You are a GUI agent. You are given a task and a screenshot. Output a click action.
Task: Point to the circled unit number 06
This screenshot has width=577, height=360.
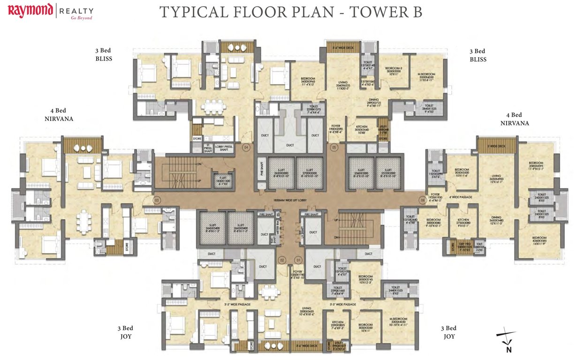point(422,200)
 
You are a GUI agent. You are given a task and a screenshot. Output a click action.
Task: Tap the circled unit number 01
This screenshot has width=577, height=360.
point(296,259)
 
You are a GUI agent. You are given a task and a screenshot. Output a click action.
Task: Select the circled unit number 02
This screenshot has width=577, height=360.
point(282,259)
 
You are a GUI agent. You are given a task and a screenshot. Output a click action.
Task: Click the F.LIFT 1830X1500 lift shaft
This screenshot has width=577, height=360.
point(222,180)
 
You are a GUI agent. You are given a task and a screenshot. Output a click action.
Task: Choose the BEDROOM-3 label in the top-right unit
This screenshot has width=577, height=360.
point(392,71)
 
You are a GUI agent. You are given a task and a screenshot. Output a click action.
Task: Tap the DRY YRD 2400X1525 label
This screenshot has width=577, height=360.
point(465,247)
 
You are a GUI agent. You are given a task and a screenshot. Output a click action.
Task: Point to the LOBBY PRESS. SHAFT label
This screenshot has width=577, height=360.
point(224,148)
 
